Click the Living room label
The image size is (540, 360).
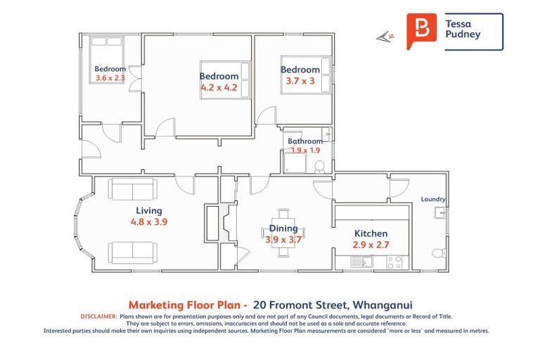click(x=149, y=210)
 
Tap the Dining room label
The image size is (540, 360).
click(x=283, y=229)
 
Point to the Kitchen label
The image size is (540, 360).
click(x=371, y=233)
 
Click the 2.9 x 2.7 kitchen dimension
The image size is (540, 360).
click(x=371, y=245)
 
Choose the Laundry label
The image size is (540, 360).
click(x=433, y=199)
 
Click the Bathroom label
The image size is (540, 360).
click(x=305, y=141)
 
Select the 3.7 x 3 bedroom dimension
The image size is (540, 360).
click(x=300, y=82)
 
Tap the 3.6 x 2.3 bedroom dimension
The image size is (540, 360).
click(x=110, y=79)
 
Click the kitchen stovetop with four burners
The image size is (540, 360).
click(x=394, y=262)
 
